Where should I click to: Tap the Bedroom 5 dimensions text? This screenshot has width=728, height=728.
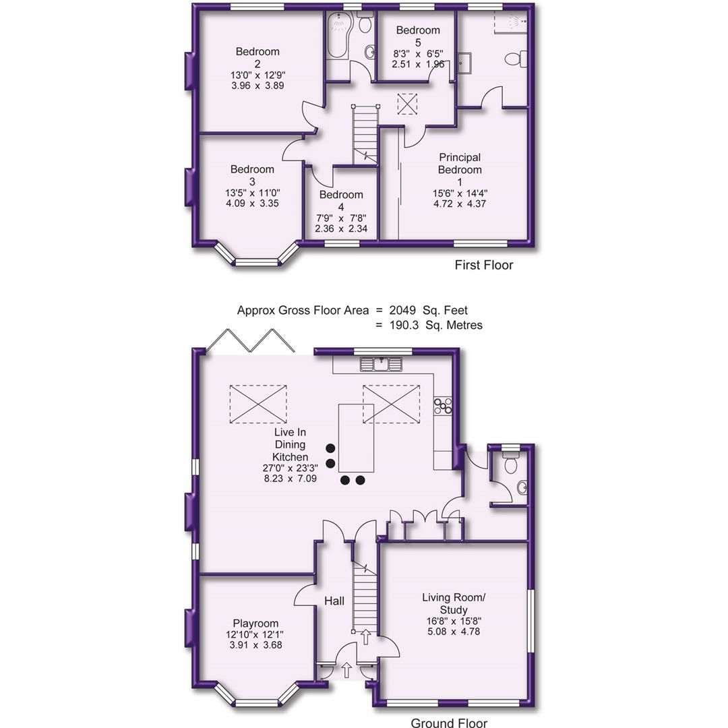pyautogui.click(x=418, y=58)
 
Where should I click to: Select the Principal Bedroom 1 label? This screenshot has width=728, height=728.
pyautogui.click(x=460, y=164)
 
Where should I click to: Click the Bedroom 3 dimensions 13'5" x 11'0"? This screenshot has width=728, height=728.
pyautogui.click(x=252, y=192)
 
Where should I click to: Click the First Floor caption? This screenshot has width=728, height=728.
pyautogui.click(x=483, y=265)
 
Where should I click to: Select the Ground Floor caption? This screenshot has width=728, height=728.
pyautogui.click(x=449, y=723)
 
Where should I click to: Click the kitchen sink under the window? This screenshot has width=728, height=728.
pyautogui.click(x=381, y=365)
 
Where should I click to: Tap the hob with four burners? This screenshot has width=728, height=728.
pyautogui.click(x=443, y=405)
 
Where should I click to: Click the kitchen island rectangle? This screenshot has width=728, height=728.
pyautogui.click(x=356, y=438)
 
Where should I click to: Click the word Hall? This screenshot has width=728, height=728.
pyautogui.click(x=334, y=600)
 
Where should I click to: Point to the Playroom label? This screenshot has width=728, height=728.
pyautogui.click(x=255, y=624)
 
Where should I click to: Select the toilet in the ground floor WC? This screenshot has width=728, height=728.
pyautogui.click(x=510, y=463)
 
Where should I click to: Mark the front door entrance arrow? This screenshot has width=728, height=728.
pyautogui.click(x=347, y=670)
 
